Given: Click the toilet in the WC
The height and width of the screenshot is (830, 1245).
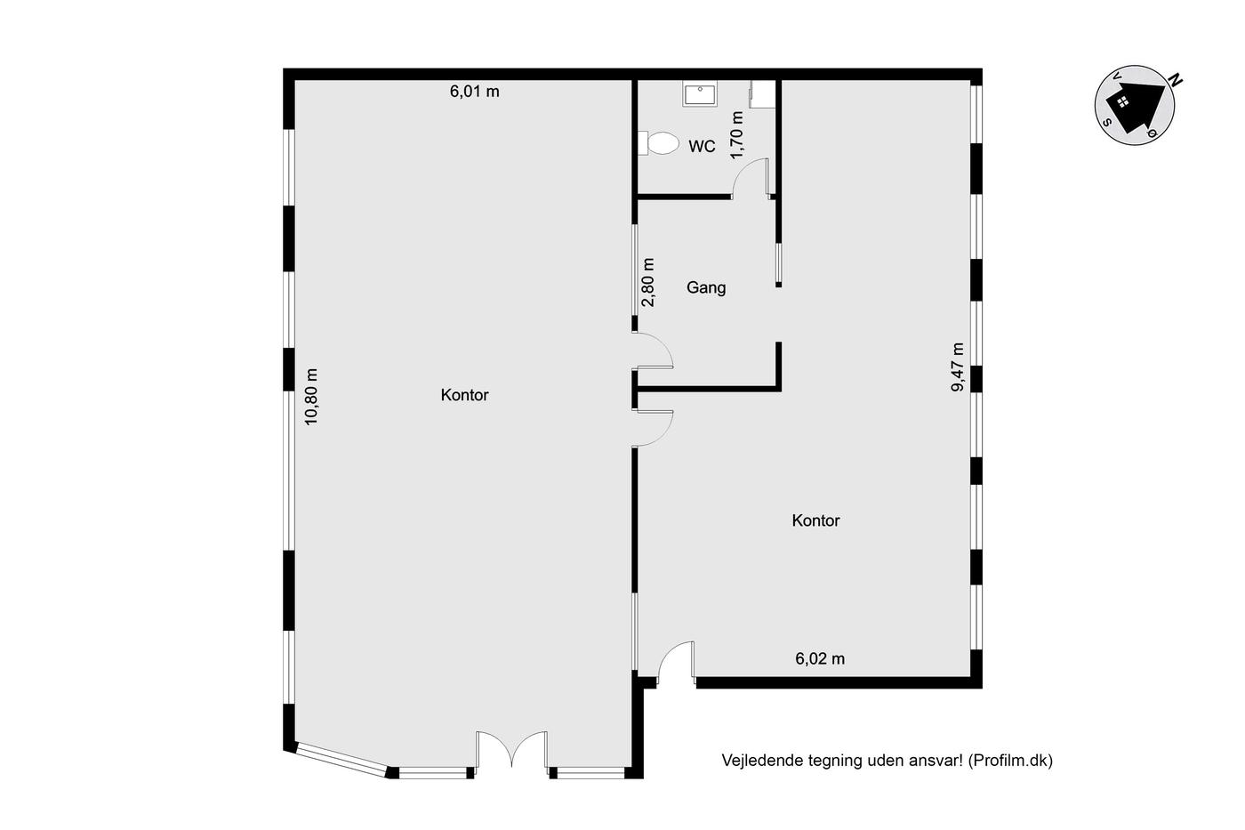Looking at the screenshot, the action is coord(658,143).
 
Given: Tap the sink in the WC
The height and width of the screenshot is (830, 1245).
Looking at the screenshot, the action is coord(700,93).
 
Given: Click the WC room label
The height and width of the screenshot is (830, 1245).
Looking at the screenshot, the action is coord(702,147).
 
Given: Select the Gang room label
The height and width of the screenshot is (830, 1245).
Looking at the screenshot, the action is coord(706,288).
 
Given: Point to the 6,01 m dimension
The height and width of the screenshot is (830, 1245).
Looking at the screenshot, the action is coord(475,92).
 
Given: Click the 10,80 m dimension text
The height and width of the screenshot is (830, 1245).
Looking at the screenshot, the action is coord(311,397).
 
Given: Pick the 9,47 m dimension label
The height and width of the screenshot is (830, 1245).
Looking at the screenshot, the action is coord(958,367).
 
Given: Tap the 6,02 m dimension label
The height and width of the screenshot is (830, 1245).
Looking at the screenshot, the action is coord(820,659).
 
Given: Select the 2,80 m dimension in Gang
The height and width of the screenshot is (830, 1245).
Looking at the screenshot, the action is coord(648,282).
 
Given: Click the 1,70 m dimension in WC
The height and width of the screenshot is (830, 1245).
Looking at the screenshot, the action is coord(736,135).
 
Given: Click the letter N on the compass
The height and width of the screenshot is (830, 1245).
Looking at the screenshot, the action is coord(1175,81).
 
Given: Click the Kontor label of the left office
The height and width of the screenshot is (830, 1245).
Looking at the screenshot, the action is coord(464,395).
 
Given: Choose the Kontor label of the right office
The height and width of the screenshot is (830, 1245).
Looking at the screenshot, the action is coord(816,521).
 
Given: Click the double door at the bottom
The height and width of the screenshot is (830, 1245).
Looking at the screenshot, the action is coord(512,748).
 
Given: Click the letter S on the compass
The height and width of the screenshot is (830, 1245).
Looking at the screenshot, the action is coord(1108,122).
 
